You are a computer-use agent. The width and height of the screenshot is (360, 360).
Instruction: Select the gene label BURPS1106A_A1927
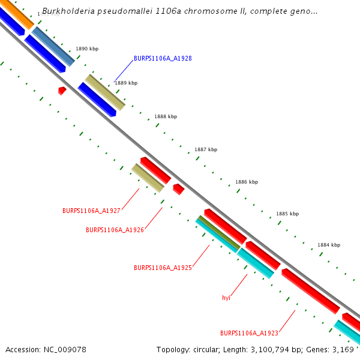point(91,211)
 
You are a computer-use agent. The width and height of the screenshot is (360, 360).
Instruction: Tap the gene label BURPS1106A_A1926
point(115,230)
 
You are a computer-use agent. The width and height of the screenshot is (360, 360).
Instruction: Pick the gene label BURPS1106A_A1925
point(163,268)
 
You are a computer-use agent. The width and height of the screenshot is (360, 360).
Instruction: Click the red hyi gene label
point(226,298)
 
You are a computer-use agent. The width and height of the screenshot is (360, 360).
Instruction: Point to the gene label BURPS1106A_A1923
point(249,333)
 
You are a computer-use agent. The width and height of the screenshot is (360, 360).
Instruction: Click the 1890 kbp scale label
point(87,49)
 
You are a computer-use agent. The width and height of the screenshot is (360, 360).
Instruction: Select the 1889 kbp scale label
point(126,83)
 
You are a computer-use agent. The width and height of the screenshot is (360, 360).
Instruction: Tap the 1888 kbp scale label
point(166,116)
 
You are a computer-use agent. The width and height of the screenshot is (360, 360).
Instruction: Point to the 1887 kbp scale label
point(206,149)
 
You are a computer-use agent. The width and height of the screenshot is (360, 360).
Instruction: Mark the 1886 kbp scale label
point(247,182)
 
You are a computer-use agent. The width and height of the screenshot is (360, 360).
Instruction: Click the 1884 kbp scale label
point(329,245)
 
